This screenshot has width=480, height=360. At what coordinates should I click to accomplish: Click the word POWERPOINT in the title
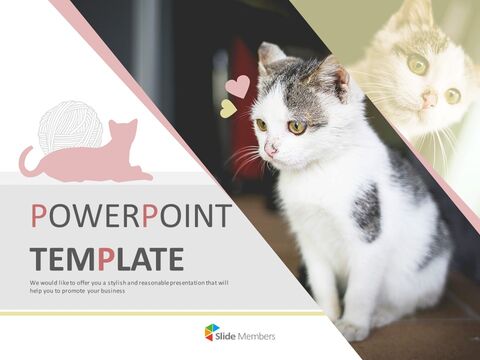pos(131,217)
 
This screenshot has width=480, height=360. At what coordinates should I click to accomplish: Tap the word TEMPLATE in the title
pos(107,258)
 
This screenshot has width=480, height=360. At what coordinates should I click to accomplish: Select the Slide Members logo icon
pos(211,332)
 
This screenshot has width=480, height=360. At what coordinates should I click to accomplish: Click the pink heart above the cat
pos(238,86)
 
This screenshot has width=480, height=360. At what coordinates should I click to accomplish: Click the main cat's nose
pos(270,149)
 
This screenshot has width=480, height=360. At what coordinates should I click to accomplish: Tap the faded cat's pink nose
pos(428,98)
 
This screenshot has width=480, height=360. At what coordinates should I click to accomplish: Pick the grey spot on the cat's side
pos(366,211)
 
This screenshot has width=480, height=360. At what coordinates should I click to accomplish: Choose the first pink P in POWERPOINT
pos(41,217)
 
